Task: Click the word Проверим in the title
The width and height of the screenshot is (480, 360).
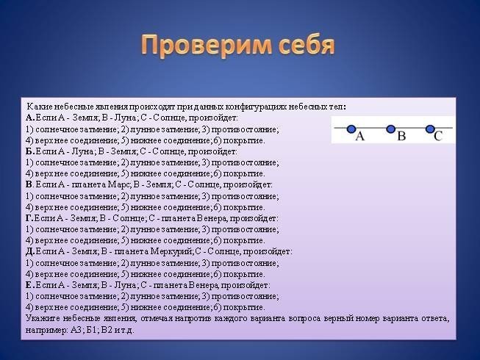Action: (207, 46)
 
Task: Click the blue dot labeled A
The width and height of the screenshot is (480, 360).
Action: (351, 129)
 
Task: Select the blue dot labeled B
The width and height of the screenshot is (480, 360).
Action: (390, 129)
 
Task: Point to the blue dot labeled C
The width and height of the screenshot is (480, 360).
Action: (430, 129)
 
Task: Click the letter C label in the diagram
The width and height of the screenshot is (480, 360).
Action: (438, 136)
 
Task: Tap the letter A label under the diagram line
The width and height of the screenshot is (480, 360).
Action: (360, 136)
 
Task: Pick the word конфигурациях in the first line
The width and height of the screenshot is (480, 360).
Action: (257, 107)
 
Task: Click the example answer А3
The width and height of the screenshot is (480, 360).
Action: (76, 331)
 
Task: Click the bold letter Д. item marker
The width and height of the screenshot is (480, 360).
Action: (30, 252)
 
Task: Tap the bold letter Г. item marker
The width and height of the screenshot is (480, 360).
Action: (29, 218)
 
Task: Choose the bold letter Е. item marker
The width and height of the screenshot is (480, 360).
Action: (30, 285)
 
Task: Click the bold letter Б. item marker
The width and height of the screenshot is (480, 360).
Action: (30, 151)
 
